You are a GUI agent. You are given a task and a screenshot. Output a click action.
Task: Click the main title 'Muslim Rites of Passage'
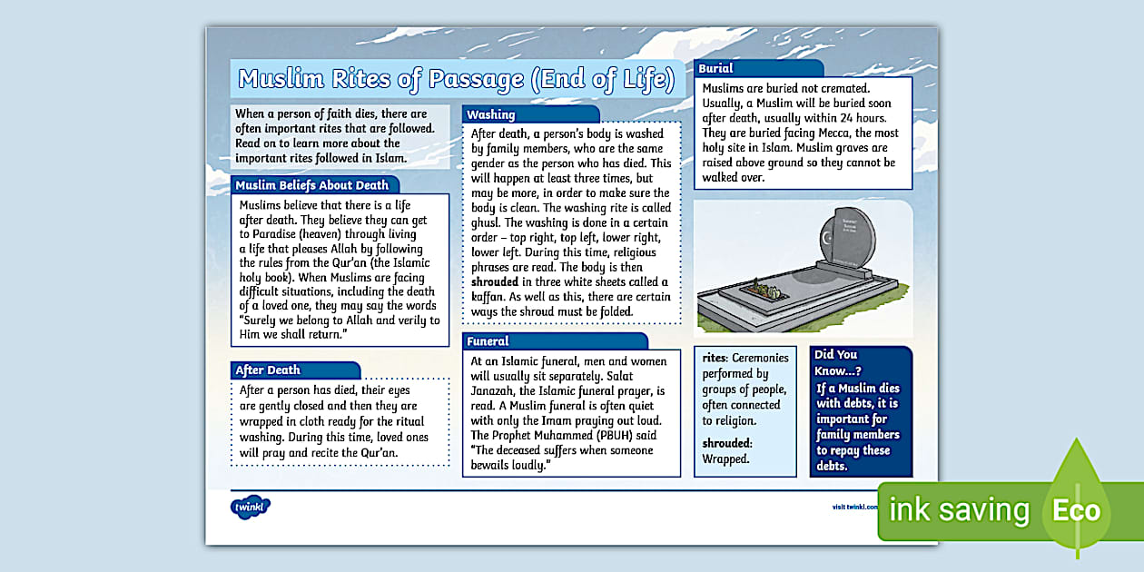(457, 80)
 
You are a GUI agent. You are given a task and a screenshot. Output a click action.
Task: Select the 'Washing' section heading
(491, 115)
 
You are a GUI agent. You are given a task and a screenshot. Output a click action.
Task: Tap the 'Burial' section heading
(716, 68)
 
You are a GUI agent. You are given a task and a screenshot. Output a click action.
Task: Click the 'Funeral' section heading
(488, 341)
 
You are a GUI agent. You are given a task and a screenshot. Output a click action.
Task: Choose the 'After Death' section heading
(268, 370)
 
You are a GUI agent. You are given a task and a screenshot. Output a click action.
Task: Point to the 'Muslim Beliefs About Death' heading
(312, 185)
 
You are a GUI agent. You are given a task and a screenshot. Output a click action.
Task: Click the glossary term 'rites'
(714, 358)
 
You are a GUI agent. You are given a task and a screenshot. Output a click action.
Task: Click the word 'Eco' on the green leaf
(1076, 510)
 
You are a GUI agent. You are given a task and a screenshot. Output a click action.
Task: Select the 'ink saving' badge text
(959, 510)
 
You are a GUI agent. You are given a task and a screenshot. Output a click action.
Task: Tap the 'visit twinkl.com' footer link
(854, 508)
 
